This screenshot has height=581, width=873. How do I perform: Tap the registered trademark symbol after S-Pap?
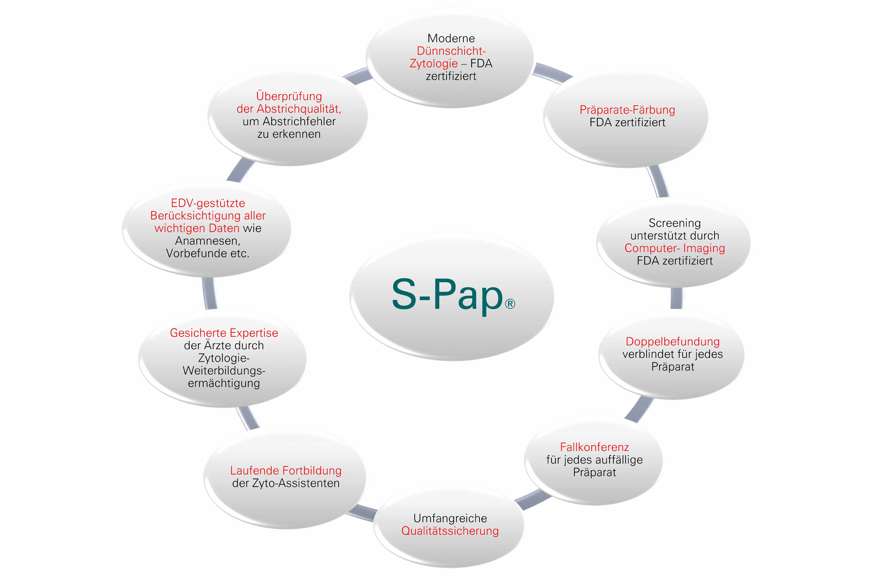point(510,304)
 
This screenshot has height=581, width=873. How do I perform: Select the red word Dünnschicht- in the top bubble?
point(451,51)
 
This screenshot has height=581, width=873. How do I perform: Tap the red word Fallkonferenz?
point(594,447)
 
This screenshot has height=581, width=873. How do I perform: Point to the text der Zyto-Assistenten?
point(286,483)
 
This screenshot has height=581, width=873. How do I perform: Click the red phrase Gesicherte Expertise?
point(224,333)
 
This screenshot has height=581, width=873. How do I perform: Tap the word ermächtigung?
point(224,383)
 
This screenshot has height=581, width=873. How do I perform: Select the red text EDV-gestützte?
point(208,203)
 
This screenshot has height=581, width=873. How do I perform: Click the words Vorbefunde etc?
point(208,253)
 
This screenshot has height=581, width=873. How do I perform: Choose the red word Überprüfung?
point(289,96)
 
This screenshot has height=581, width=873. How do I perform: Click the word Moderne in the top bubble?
point(451,38)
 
